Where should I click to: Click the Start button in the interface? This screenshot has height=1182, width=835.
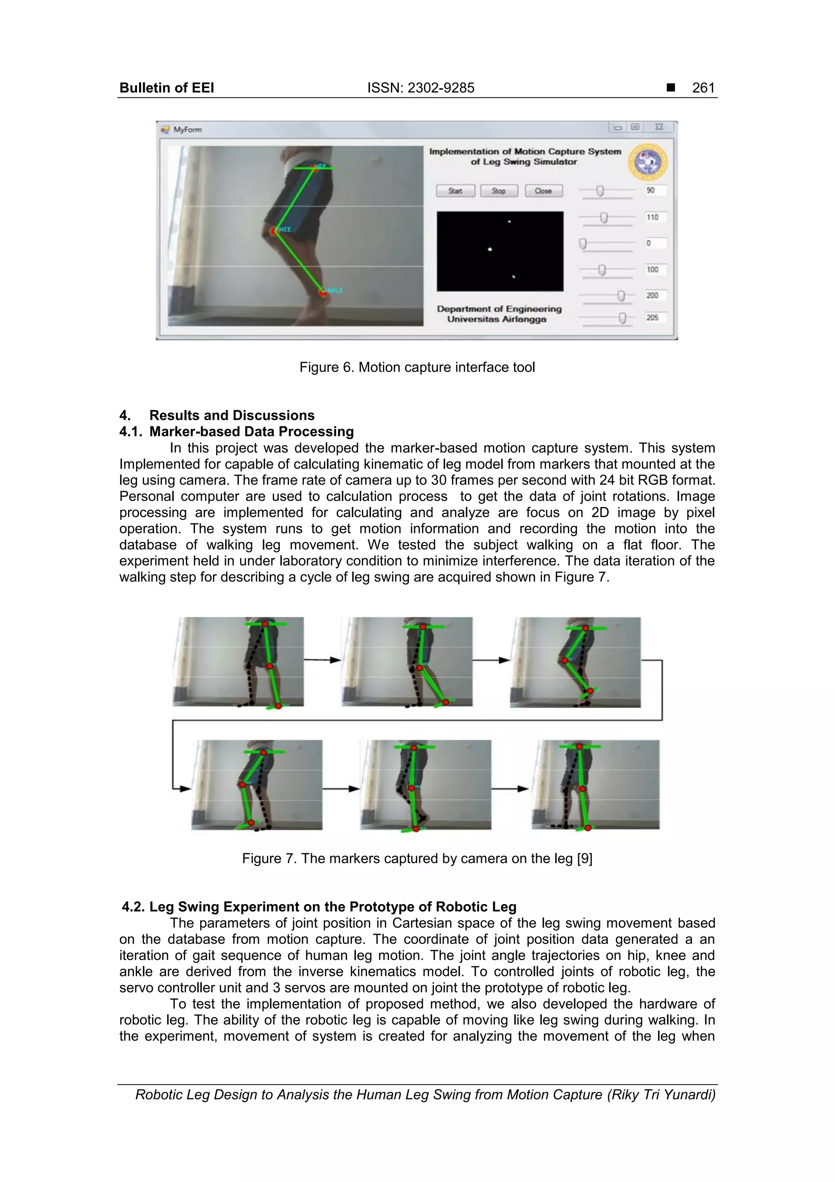(455, 191)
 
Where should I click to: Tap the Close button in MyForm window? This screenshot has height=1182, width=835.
(543, 191)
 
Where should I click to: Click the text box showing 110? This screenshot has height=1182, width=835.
(656, 217)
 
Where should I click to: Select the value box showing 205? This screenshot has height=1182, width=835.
(656, 318)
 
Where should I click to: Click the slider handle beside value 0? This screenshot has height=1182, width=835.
(583, 244)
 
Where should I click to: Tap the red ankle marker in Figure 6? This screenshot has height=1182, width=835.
(323, 293)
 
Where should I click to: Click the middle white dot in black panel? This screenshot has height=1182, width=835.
(490, 250)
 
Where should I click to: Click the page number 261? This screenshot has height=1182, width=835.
(703, 88)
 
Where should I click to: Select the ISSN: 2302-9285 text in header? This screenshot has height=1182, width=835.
(420, 88)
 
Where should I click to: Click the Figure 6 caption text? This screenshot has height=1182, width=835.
(417, 368)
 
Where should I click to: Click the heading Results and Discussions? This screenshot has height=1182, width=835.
(232, 415)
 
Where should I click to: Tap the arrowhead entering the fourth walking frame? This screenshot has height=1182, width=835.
(185, 788)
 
